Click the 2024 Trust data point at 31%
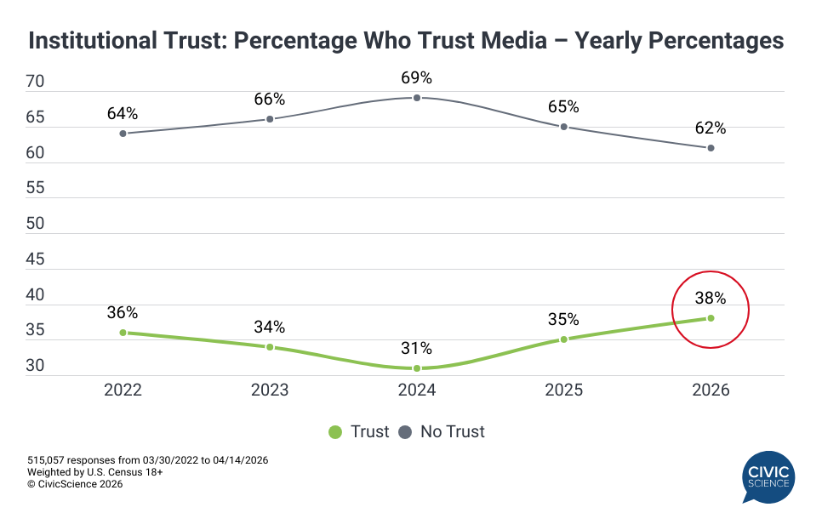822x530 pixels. [417, 368]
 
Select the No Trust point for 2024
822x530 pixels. [417, 98]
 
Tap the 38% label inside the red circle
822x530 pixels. [711, 299]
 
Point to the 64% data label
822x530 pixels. [123, 114]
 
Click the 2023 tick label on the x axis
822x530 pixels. [270, 390]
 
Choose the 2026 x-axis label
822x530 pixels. [711, 390]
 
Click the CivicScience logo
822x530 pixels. [768, 478]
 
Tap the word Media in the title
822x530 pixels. [525, 40]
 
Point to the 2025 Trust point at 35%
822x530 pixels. [563, 339]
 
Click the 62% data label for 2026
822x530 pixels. [711, 128]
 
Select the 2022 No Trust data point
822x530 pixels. [123, 133]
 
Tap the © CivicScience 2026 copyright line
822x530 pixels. [75, 484]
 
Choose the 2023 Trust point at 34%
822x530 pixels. [270, 347]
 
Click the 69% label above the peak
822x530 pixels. [417, 78]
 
